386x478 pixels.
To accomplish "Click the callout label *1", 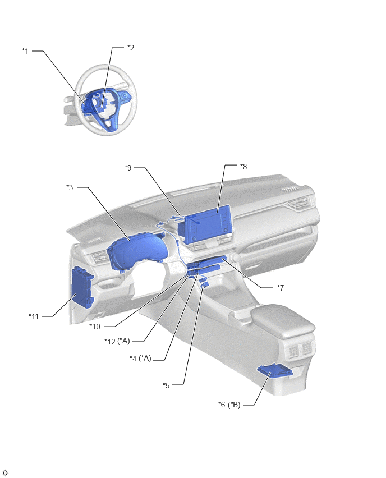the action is point(25,51).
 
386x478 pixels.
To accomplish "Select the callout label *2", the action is point(131,48).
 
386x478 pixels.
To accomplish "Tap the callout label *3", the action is point(70,187).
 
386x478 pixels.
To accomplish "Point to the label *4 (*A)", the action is point(141,358).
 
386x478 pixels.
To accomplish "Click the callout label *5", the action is point(166,385).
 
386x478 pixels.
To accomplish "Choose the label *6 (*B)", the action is point(229,405).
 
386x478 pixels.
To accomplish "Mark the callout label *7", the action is point(281,287).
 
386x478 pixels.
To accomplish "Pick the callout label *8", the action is point(243,167).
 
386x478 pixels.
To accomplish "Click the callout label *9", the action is point(128,167).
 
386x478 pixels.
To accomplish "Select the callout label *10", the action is point(94,327).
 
